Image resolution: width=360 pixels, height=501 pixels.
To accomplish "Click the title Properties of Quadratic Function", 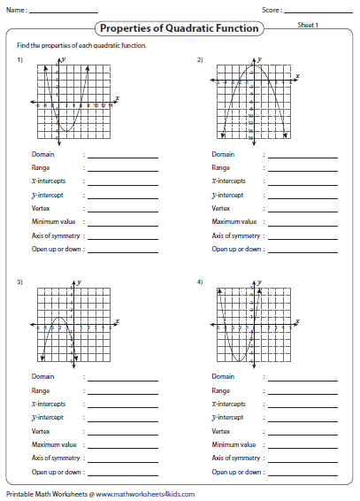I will pyautogui.click(x=180, y=28).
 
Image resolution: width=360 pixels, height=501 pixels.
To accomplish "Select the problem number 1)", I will pyautogui.click(x=19, y=59).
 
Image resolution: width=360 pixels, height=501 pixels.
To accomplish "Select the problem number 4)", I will pyautogui.click(x=200, y=281).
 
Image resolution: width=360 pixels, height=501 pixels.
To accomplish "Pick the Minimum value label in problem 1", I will pyautogui.click(x=53, y=222).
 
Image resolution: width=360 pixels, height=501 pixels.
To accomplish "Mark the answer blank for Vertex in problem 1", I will pyautogui.click(x=123, y=209).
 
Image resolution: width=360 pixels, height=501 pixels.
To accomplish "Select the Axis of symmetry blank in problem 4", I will pyautogui.click(x=303, y=459).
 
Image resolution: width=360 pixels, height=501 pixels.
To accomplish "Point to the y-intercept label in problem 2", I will pyautogui.click(x=226, y=196).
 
